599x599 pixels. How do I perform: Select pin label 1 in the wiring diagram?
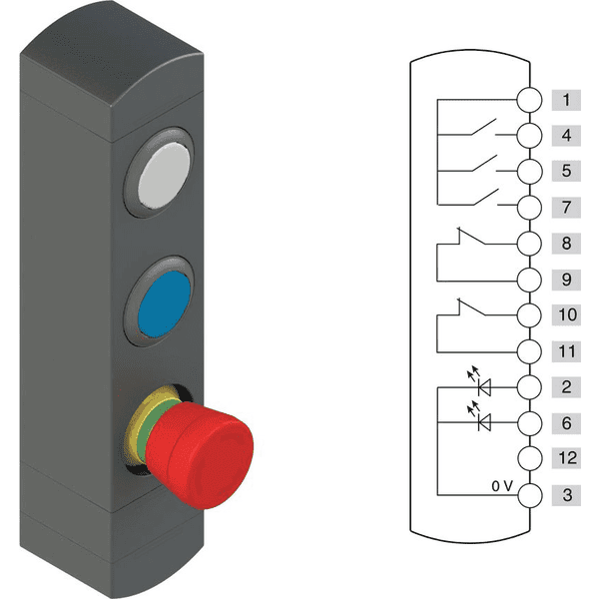(566, 100)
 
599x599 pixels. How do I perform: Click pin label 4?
(566, 136)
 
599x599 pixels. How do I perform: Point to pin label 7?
(566, 208)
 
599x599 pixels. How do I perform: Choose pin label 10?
(566, 315)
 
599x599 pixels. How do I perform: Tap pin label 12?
(566, 459)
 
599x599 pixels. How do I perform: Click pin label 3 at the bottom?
(566, 495)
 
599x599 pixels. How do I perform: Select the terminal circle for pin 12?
(530, 459)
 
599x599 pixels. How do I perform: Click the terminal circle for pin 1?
(530, 100)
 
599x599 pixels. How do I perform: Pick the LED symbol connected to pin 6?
(485, 423)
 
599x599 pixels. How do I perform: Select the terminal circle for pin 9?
(530, 280)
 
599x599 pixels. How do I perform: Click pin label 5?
(566, 172)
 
